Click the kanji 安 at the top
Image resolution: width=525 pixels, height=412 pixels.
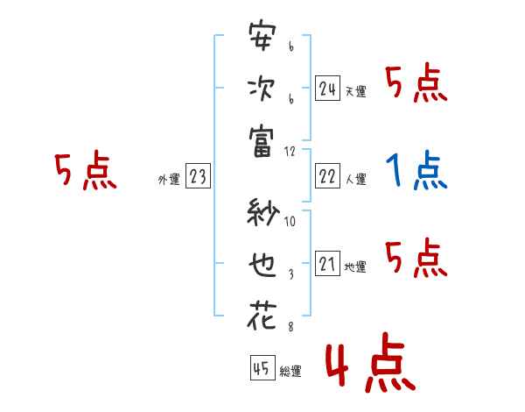[x=262, y=38]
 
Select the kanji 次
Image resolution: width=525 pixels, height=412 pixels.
[x=262, y=89]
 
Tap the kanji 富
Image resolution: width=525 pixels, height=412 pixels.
[x=262, y=142]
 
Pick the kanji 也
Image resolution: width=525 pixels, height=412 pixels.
[x=262, y=263]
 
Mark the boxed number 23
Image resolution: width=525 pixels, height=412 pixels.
[x=198, y=177]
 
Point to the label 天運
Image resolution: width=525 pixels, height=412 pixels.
[x=355, y=91]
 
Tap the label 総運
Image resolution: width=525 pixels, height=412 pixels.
[x=290, y=372]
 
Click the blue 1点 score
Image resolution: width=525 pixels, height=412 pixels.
[x=416, y=171]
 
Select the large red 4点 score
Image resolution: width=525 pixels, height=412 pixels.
[x=367, y=366]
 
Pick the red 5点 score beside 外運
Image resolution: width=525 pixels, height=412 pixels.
[x=86, y=171]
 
